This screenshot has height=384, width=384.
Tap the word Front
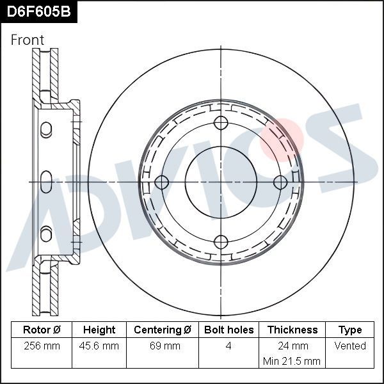coord(28,40)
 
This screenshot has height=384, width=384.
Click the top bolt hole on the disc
coord(221,123)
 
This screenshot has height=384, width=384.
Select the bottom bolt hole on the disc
coord(221,242)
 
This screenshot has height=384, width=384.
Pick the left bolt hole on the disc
coord(161,182)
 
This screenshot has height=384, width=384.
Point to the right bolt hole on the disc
coord(280,182)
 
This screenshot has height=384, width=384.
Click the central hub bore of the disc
coord(221,182)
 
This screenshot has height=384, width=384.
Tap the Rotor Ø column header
coord(42,330)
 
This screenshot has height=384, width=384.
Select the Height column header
coord(99,330)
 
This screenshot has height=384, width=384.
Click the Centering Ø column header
coord(163,330)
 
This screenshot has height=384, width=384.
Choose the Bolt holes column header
coord(228,330)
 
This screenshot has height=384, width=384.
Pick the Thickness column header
coord(292,330)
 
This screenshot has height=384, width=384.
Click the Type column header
coord(350,330)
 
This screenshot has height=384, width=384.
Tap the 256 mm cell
coord(42,346)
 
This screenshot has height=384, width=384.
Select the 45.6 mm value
coord(99,346)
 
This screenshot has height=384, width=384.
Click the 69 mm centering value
coord(163,346)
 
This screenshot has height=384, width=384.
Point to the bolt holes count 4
coord(228,346)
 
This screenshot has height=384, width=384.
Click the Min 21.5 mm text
coord(292,362)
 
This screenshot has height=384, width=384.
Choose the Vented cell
coord(350,346)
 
